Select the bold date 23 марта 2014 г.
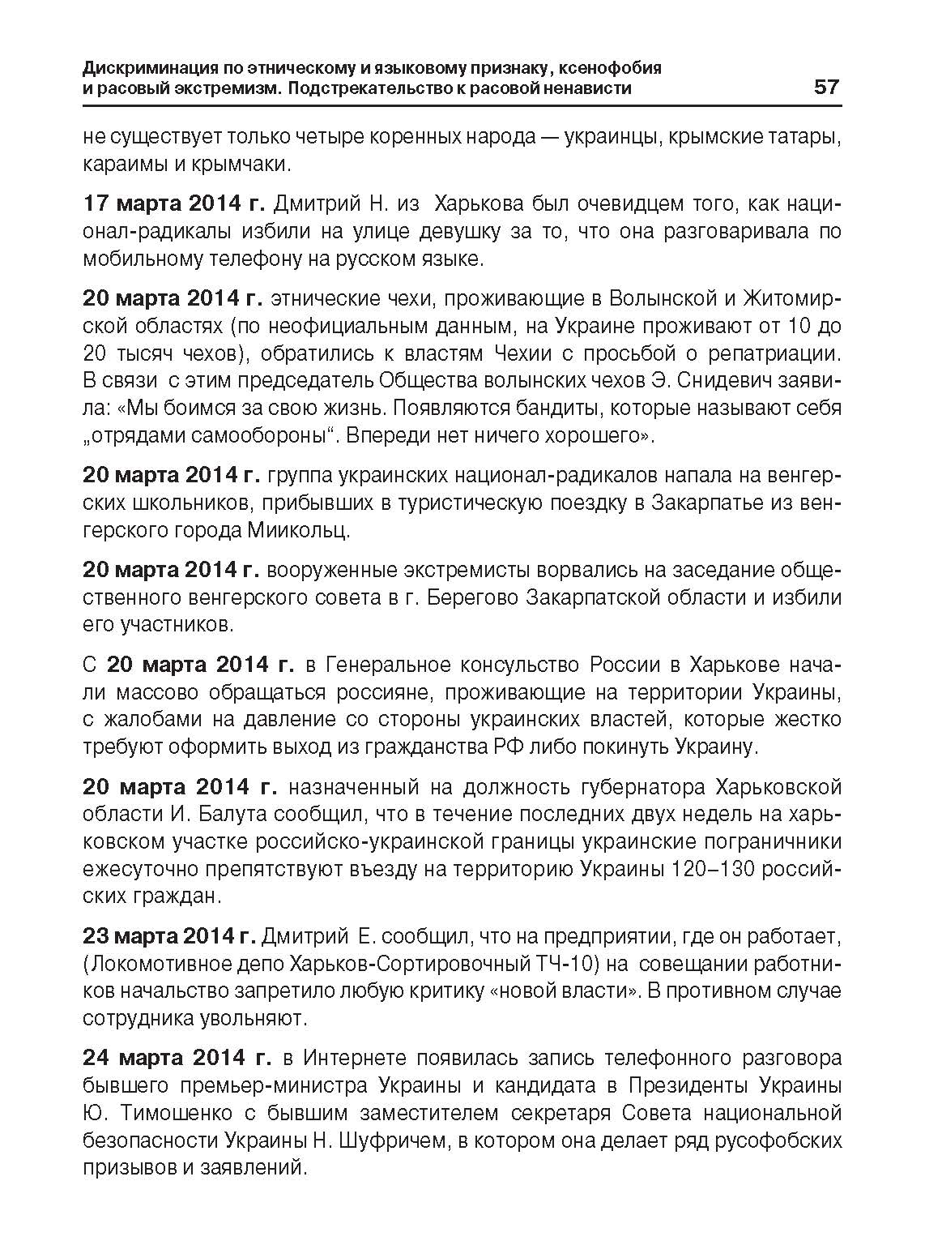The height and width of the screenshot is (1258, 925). coord(169,938)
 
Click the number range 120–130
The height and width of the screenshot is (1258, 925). coord(715,869)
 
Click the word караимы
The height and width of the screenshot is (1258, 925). coord(124,164)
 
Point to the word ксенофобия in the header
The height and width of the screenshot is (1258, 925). coord(604,68)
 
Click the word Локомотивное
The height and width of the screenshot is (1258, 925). coord(171,965)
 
